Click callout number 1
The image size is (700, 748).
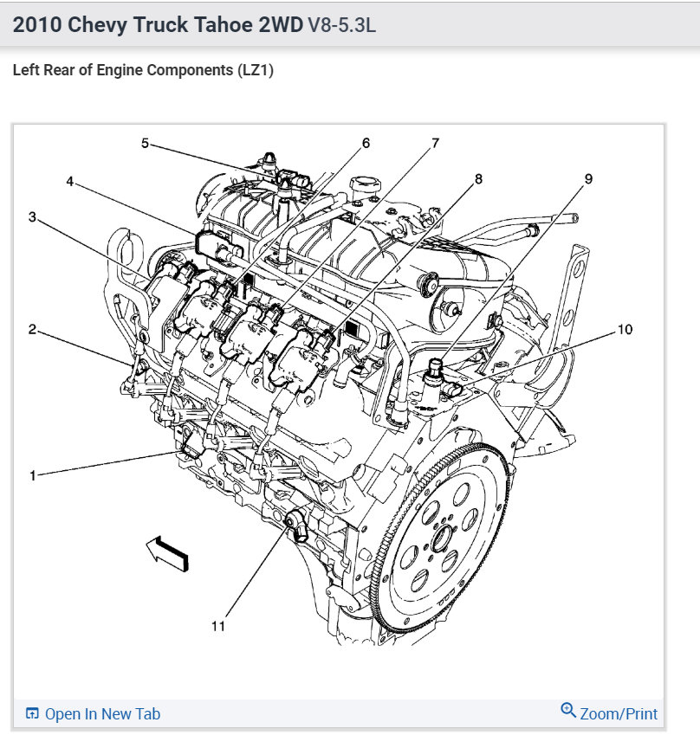(x=32, y=475)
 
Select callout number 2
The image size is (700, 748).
(x=32, y=329)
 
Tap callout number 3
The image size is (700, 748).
(x=32, y=216)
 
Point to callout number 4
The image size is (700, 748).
(x=70, y=181)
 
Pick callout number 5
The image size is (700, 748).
(x=146, y=143)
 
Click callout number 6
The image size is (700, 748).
(x=366, y=143)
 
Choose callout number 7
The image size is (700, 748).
(x=436, y=143)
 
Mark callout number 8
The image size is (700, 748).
(x=477, y=179)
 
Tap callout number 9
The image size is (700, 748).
(x=588, y=179)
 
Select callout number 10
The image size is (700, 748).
(x=625, y=329)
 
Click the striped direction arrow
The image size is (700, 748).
(x=167, y=552)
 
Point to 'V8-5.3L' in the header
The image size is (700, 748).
(x=341, y=25)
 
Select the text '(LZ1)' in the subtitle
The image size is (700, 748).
(x=254, y=71)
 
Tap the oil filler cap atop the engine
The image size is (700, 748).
(x=363, y=186)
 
